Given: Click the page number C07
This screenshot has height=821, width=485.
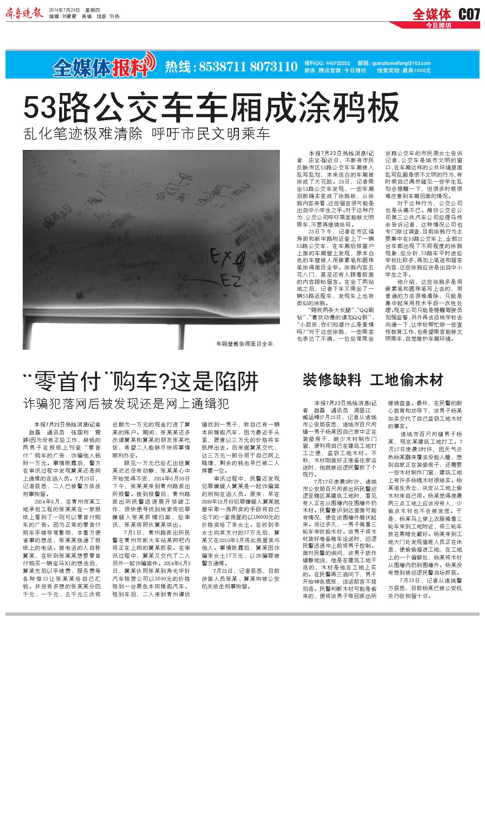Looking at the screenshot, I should click(x=469, y=14).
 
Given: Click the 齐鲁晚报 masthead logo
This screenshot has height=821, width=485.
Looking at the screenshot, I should click(x=24, y=13).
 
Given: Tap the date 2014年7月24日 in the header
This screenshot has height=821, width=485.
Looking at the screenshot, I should click(x=64, y=10).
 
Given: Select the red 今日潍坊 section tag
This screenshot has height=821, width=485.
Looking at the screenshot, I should click(x=438, y=25).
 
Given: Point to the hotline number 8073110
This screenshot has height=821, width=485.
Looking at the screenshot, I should click(x=274, y=66).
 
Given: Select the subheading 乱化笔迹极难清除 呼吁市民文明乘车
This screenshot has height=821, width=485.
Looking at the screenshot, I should click(x=147, y=134).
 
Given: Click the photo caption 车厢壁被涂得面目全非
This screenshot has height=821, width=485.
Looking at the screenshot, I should click(x=245, y=343).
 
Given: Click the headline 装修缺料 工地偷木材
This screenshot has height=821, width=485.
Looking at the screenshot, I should click(x=372, y=380).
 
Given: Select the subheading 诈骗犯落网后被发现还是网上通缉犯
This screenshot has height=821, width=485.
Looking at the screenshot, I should click(x=126, y=403).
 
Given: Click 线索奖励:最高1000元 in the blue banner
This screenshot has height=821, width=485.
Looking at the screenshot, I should click(x=404, y=70).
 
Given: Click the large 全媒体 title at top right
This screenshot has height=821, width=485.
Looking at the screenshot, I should click(x=432, y=14).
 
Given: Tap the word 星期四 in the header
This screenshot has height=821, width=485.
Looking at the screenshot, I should click(x=92, y=10).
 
